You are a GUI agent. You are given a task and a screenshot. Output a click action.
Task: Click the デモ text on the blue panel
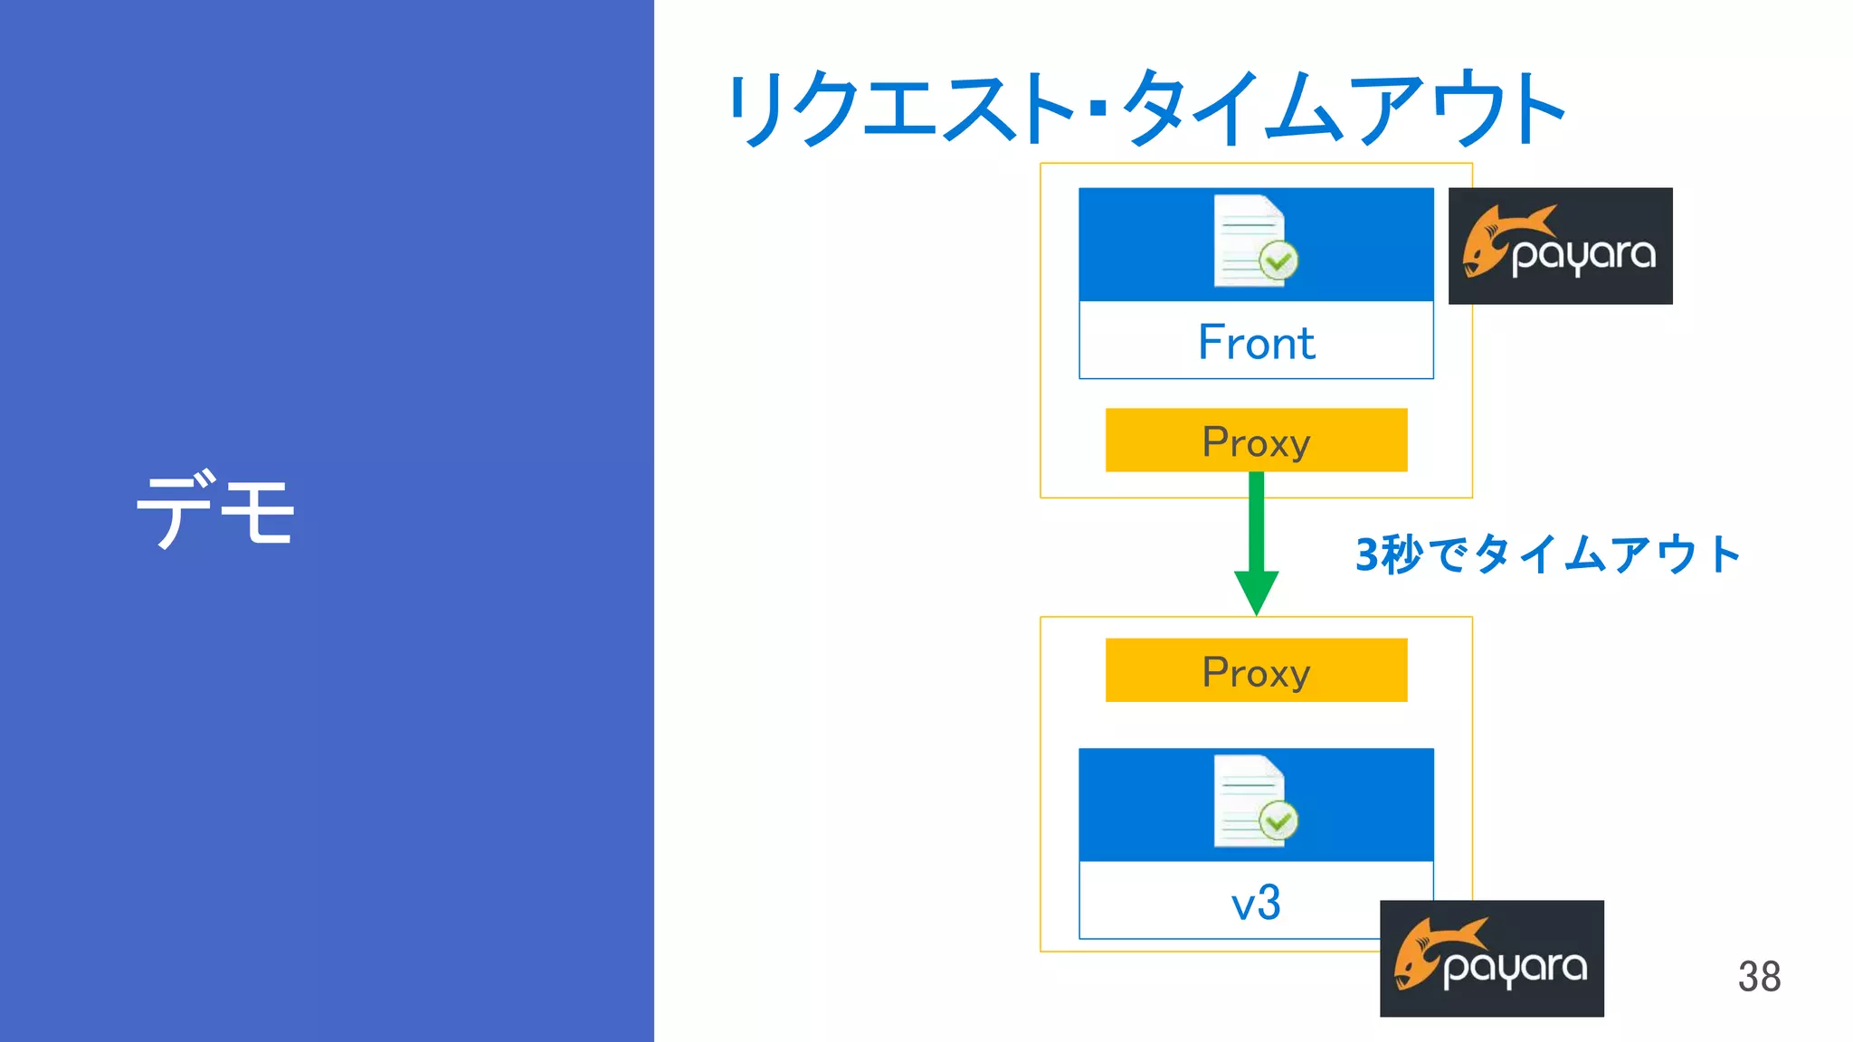[x=215, y=509]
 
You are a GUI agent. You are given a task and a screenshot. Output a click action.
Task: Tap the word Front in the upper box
[x=1256, y=343]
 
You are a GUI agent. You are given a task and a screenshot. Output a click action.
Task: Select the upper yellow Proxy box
[x=1256, y=440]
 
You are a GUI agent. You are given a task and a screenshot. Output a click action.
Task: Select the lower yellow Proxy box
[x=1256, y=671]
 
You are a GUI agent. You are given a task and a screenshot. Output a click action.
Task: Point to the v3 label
[x=1256, y=903]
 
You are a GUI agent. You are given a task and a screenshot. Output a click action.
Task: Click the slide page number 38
[x=1759, y=977]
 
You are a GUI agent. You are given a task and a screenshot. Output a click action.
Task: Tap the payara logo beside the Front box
[x=1560, y=246]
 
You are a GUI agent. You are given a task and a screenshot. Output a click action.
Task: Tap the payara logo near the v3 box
[x=1491, y=959]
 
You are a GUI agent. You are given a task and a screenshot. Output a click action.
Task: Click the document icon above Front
[x=1249, y=241]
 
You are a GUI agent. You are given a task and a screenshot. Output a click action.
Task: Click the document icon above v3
[x=1249, y=801]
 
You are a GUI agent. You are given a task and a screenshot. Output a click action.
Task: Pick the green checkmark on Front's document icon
[x=1278, y=262]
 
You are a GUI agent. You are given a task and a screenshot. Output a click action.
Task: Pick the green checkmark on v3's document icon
[x=1278, y=822]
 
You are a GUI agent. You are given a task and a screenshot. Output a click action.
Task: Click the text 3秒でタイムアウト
[x=1547, y=554]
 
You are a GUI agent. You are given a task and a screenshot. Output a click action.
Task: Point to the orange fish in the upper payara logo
[x=1493, y=240]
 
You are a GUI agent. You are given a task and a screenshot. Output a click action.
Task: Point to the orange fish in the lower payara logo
[x=1424, y=952]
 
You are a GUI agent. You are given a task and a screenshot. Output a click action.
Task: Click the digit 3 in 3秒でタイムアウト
[x=1367, y=555]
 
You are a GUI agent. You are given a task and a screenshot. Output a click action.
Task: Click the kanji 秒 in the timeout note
[x=1402, y=554]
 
